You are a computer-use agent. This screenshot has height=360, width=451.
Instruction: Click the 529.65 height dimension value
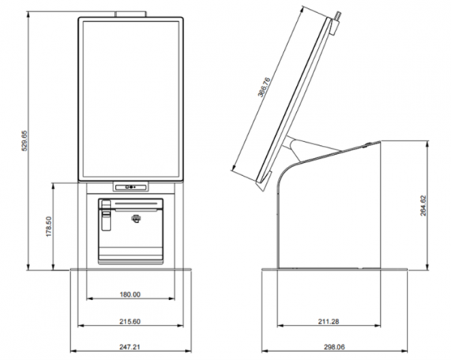[24, 143]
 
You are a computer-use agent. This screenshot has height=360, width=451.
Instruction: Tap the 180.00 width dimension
[130, 295]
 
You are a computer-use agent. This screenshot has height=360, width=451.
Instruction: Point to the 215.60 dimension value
[130, 322]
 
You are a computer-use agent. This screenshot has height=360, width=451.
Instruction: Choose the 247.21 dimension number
[130, 347]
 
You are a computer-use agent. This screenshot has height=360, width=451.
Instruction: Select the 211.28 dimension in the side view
[328, 322]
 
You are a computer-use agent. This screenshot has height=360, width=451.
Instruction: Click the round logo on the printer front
[135, 219]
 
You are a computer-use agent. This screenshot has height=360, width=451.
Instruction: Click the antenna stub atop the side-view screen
[337, 14]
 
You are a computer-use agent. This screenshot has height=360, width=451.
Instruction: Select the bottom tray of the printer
[131, 256]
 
